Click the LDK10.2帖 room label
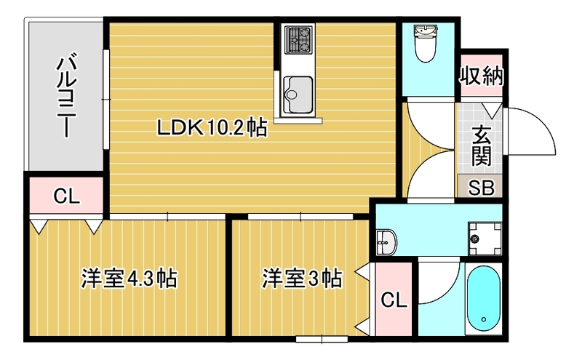(212, 129)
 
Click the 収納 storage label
(482, 76)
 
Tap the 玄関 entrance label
(481, 145)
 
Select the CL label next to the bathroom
(394, 299)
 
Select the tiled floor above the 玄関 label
(471, 115)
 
